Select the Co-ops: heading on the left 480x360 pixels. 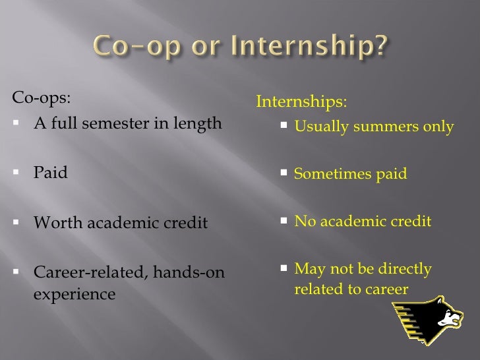click(x=40, y=100)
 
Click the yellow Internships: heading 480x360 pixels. click(x=300, y=103)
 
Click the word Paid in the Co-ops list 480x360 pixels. click(x=50, y=174)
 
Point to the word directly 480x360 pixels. click(x=405, y=269)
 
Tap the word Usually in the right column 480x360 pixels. click(x=318, y=127)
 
